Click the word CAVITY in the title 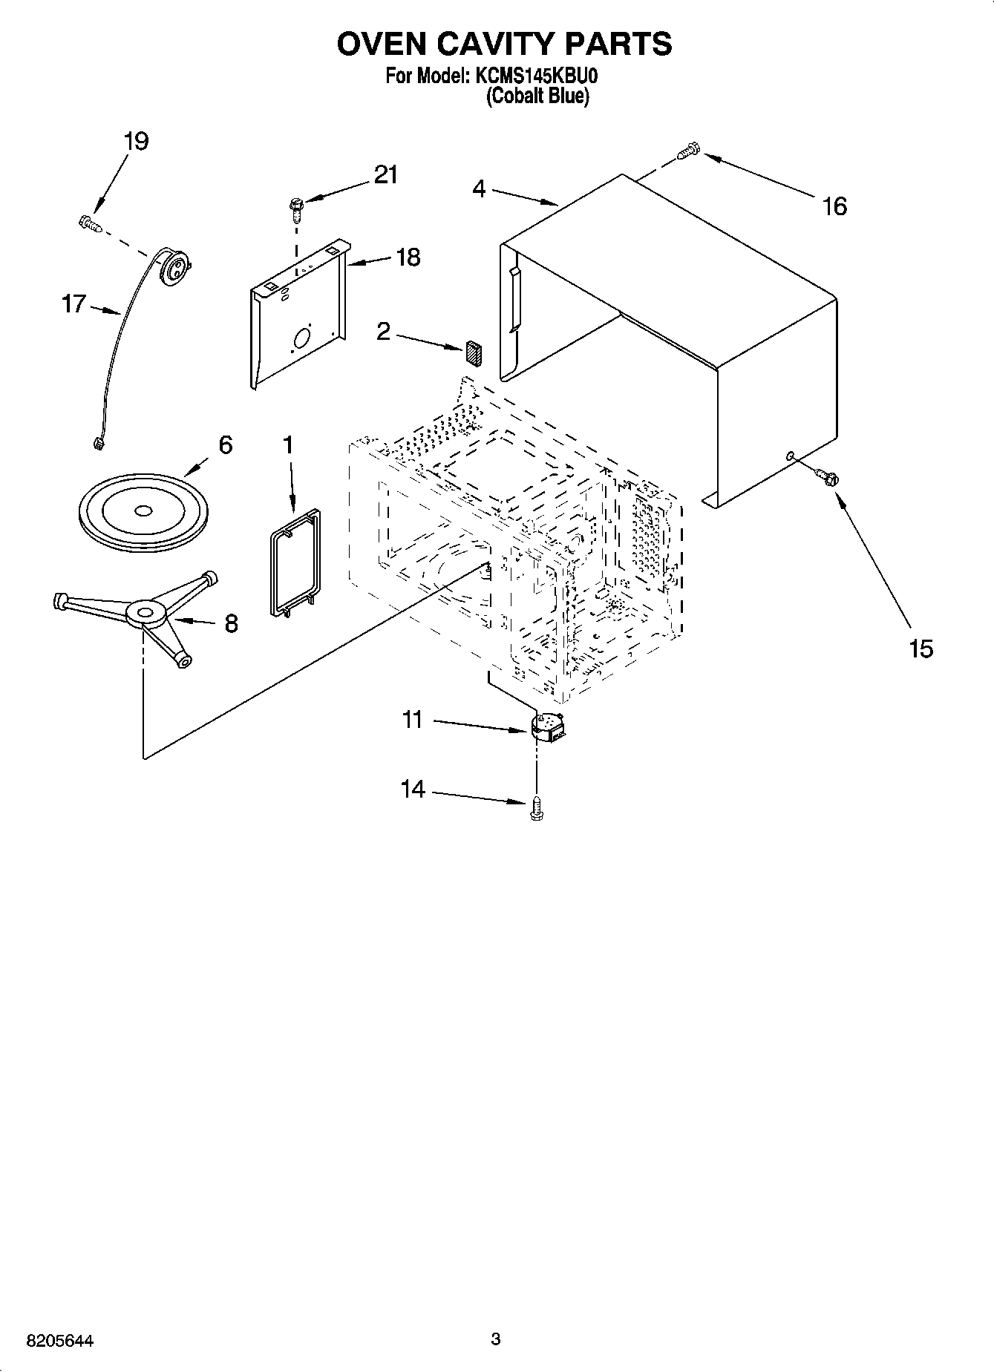(483, 45)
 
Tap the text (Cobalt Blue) (537, 96)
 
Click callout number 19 (136, 141)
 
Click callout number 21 (385, 175)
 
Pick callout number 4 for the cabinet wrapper (479, 190)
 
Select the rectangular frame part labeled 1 (294, 562)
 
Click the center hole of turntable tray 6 (142, 511)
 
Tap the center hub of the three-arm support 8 (145, 612)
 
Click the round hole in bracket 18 (303, 340)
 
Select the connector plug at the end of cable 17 (96, 444)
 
